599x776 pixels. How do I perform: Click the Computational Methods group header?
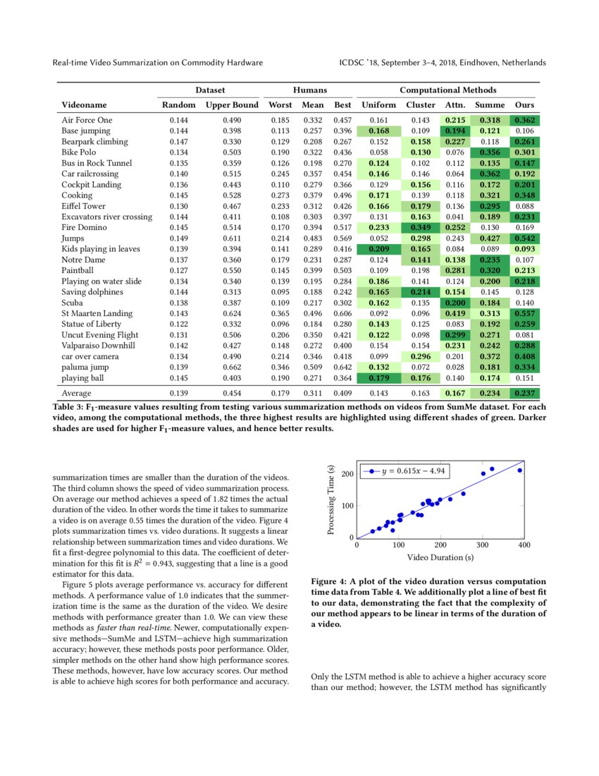[448, 90]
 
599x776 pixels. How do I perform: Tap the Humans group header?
[310, 90]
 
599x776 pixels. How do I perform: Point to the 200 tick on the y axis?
[347, 474]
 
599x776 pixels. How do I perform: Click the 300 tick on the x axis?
[482, 545]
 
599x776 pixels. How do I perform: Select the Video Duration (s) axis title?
[440, 557]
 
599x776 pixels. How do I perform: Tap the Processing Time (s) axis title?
[332, 503]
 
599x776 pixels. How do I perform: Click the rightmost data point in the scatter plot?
[519, 470]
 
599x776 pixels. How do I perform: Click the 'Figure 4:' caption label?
[330, 582]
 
